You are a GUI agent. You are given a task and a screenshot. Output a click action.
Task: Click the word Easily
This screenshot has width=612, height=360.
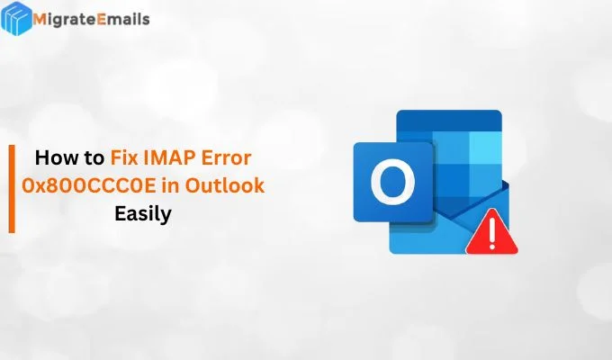click(x=142, y=215)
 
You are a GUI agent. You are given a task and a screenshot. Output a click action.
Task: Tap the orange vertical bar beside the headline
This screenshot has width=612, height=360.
click(x=12, y=187)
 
